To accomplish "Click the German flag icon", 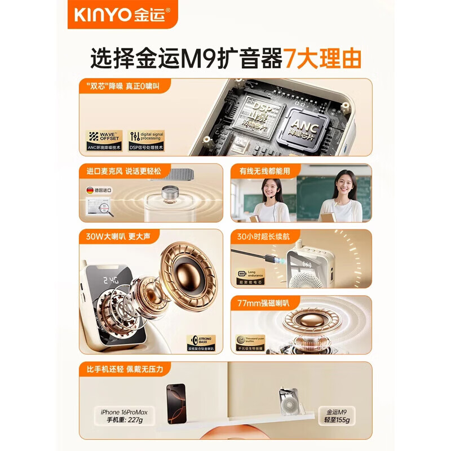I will coord(90,190).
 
